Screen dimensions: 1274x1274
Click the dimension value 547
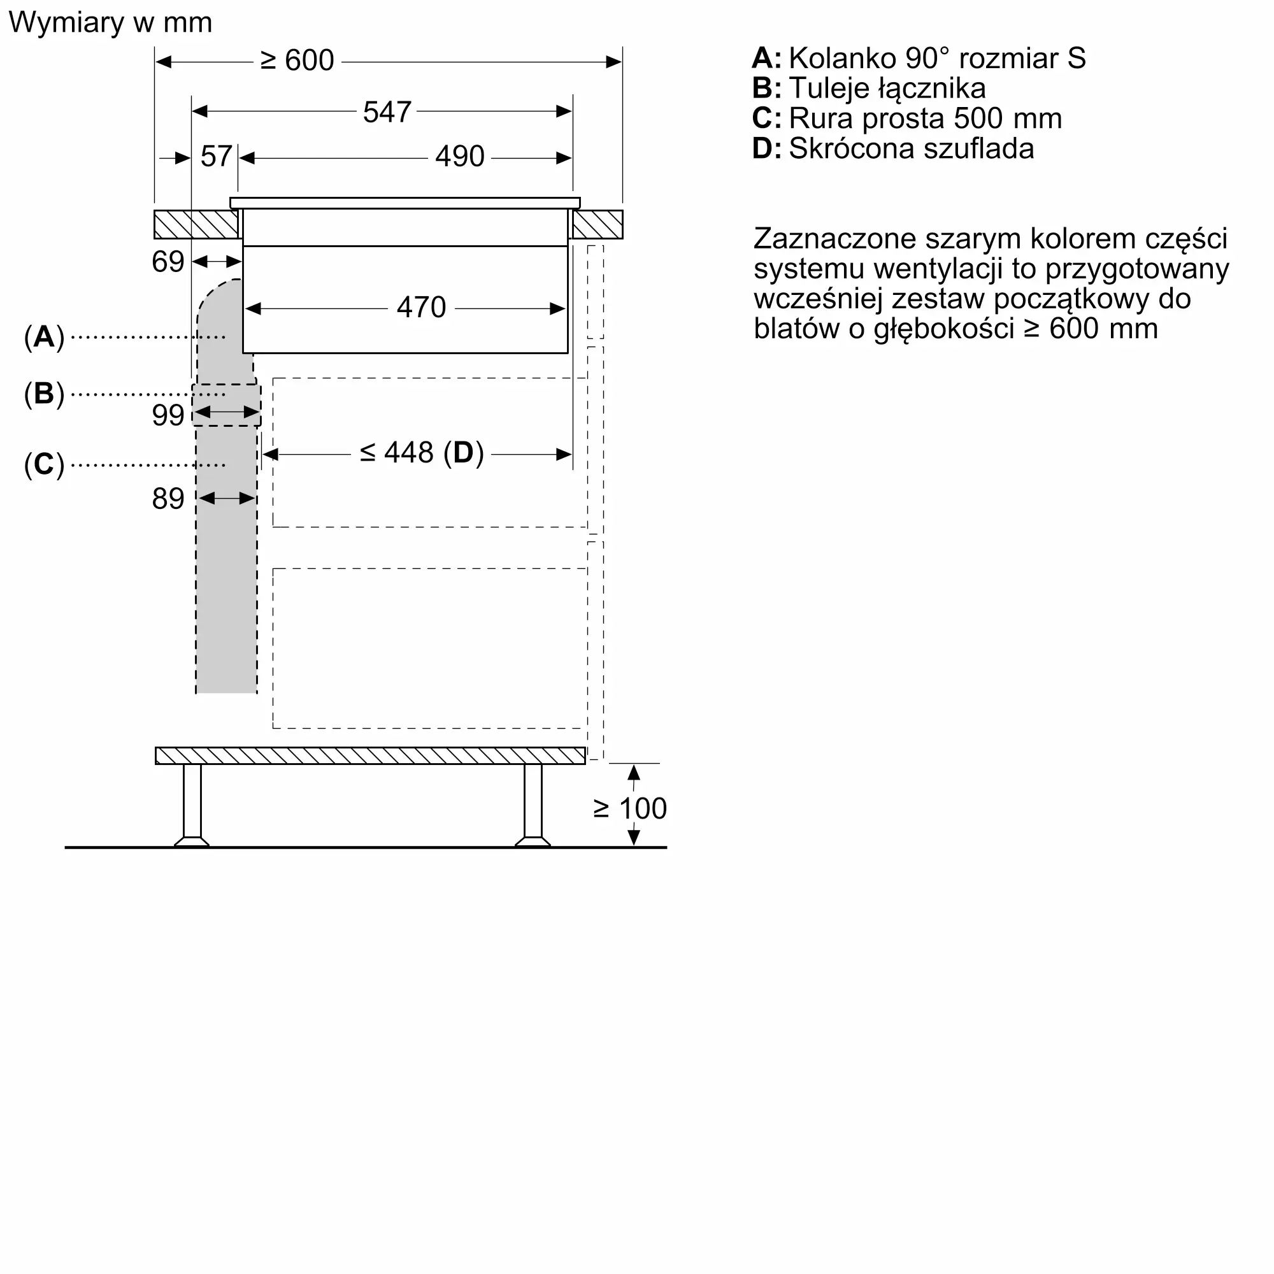point(387,112)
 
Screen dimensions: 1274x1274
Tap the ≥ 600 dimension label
point(297,61)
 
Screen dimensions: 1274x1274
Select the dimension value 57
point(216,157)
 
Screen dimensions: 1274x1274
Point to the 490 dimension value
point(460,157)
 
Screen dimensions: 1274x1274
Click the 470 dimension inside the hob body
point(421,308)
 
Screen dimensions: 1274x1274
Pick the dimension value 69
point(168,262)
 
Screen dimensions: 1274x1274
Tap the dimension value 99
point(168,415)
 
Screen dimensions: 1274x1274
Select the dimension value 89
point(168,499)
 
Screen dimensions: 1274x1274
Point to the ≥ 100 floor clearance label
point(630,808)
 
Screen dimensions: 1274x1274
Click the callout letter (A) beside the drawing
point(44,337)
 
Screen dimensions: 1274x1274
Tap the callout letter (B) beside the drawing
point(44,394)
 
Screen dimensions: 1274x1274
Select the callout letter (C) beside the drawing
point(44,465)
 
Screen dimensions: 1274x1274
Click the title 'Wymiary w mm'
point(110,23)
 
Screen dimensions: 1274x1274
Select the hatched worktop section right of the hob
point(598,225)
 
